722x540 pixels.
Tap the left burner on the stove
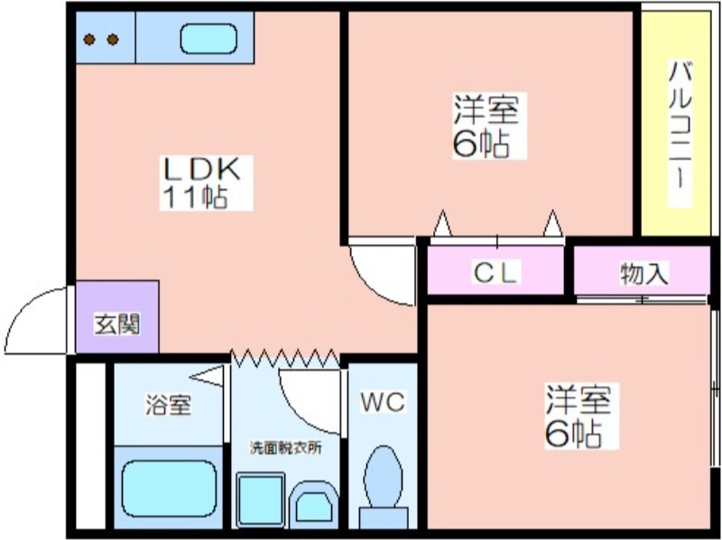click(89, 40)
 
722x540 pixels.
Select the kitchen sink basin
click(208, 39)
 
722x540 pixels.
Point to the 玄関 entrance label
click(117, 324)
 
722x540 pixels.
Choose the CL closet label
click(496, 273)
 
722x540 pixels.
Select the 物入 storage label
click(643, 274)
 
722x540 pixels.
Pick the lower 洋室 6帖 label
click(579, 415)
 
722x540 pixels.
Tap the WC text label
click(383, 402)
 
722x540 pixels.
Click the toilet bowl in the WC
click(383, 477)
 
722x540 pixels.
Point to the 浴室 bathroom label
click(168, 405)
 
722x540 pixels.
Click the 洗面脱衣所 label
click(286, 447)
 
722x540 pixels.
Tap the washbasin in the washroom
click(313, 505)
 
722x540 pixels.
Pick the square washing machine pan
click(261, 499)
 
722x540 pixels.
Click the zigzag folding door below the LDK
click(285, 358)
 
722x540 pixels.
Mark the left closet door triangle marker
click(443, 223)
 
